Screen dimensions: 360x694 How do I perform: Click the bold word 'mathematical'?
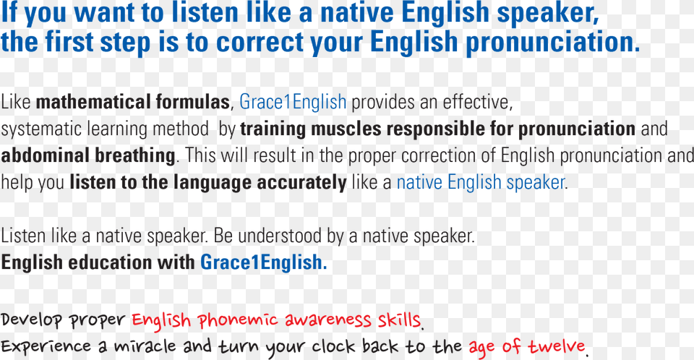[x=93, y=103]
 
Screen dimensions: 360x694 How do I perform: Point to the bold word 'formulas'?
[x=192, y=103]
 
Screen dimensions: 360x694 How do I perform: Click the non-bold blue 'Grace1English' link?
[x=293, y=103]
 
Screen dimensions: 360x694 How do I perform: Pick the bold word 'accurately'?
[x=302, y=183]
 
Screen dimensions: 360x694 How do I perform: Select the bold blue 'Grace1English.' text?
[x=263, y=262]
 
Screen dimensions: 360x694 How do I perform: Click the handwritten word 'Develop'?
[x=31, y=320]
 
